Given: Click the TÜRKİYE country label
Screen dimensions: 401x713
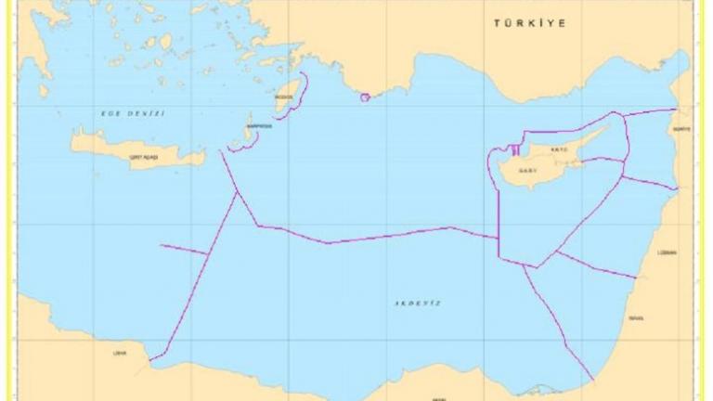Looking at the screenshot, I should coord(530,23).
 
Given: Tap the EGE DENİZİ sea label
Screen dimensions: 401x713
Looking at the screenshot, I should coord(132,112).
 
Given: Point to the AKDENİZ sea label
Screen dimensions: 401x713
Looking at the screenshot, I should coord(417,304).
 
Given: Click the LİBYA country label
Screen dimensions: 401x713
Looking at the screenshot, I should coord(119,353).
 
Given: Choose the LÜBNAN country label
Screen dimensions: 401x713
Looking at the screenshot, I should coord(667,252).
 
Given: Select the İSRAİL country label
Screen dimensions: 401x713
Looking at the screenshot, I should coord(635,318).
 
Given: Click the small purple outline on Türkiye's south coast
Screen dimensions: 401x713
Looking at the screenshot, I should coord(365,97).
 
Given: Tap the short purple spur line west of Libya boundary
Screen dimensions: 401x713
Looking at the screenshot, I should coord(183,249).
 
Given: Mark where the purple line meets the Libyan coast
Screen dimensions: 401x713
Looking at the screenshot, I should coord(152,357).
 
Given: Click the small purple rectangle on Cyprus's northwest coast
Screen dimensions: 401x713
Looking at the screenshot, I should coord(514,149).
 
